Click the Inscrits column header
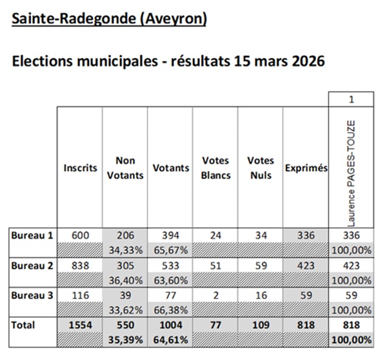[x=80, y=168]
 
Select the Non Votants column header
[x=125, y=168]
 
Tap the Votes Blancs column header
[x=215, y=168]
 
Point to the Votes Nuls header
[x=260, y=168]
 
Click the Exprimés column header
[x=306, y=168]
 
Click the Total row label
[x=23, y=325]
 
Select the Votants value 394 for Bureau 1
[x=170, y=235]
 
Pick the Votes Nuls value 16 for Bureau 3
[x=260, y=295]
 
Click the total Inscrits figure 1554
[x=80, y=325]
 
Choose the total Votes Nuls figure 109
[x=260, y=325]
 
